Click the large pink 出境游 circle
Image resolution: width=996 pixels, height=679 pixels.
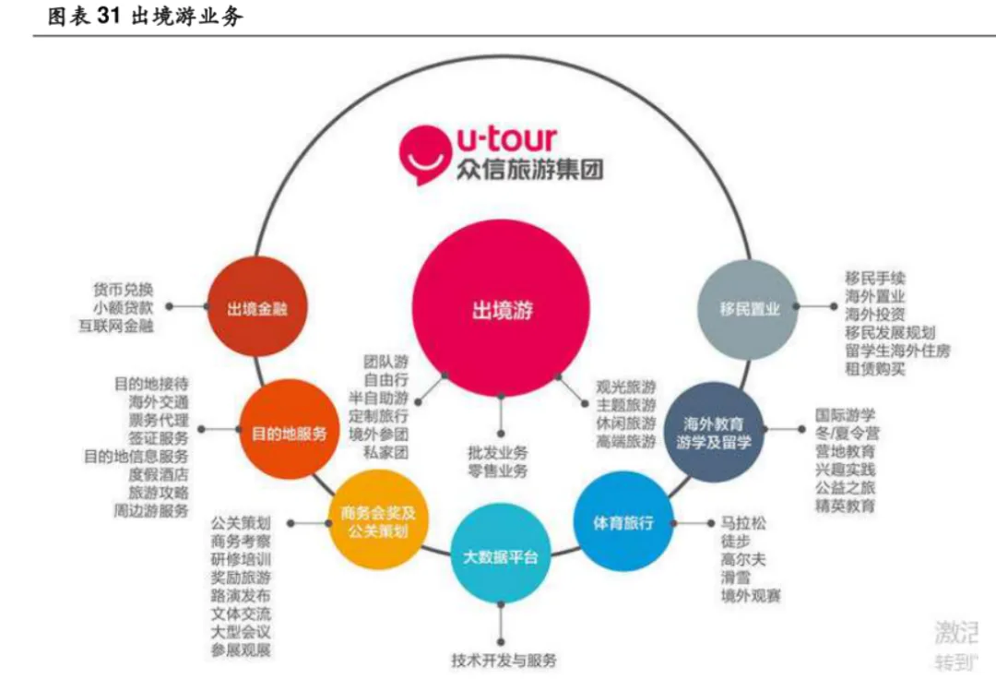point(502,309)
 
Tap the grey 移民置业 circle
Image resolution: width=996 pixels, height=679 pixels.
point(749,308)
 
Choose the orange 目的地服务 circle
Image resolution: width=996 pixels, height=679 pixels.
point(289,432)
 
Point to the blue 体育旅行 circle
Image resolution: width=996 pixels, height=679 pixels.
point(622,523)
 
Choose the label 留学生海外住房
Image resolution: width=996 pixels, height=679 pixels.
point(896,351)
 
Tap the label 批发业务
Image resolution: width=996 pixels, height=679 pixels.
point(498,453)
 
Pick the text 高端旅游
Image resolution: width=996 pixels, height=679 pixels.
point(625,442)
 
